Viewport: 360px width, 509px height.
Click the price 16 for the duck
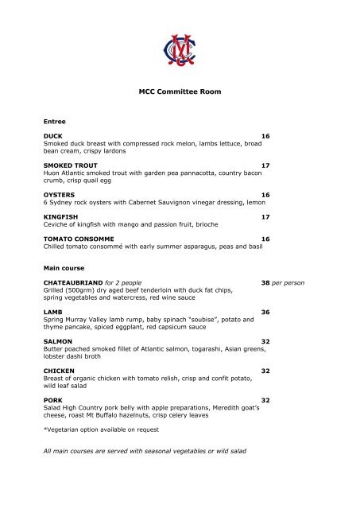tap(265, 137)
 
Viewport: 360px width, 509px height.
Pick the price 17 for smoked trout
tap(265, 165)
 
